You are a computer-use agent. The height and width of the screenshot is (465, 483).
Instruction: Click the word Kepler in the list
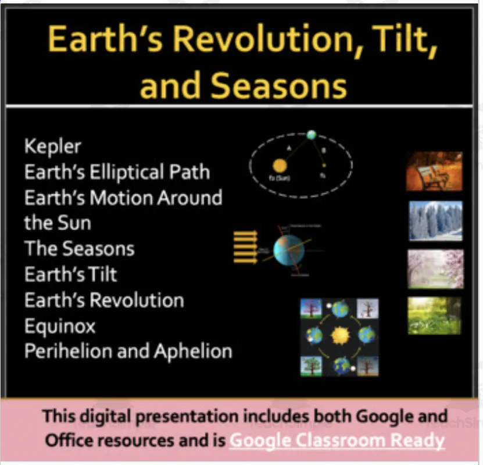tap(53, 146)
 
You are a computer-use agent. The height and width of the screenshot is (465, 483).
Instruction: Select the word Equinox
tap(59, 326)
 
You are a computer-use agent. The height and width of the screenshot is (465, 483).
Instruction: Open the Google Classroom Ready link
tap(337, 440)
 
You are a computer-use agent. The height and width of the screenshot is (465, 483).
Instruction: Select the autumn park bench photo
tap(434, 171)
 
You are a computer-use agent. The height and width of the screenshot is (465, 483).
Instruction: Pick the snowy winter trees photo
tap(435, 221)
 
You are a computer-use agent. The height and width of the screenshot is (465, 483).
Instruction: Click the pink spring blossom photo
tap(435, 269)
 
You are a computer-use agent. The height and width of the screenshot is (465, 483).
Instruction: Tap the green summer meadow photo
tap(434, 316)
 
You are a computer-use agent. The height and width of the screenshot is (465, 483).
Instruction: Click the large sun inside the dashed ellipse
tap(278, 166)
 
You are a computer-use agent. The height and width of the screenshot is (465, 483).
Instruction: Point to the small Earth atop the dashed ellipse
tap(312, 135)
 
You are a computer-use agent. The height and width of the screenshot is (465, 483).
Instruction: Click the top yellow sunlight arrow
tap(245, 234)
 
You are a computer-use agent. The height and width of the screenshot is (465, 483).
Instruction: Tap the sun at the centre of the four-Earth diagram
tap(339, 335)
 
